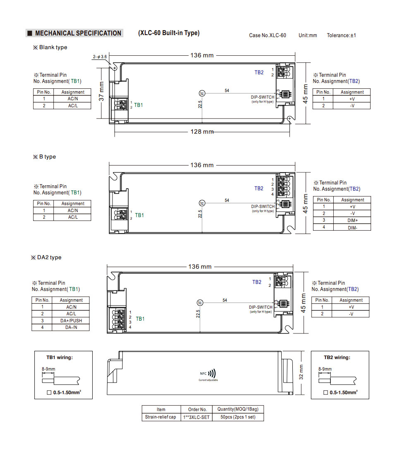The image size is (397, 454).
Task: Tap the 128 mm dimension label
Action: tap(202, 131)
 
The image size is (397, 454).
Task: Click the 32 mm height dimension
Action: tap(301, 372)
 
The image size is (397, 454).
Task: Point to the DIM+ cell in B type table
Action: tap(352, 220)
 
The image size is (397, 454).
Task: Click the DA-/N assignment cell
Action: tap(71, 327)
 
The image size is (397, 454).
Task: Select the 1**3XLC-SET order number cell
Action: tap(197, 417)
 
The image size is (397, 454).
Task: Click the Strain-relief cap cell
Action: tap(160, 417)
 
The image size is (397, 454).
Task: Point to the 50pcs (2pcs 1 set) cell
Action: tap(238, 417)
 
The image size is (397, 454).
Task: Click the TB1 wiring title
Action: tap(59, 357)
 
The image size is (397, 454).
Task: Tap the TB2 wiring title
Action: tap(337, 357)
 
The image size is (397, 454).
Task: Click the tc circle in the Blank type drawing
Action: tap(202, 93)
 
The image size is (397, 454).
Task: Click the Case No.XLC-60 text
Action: tap(267, 35)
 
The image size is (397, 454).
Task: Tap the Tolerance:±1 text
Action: tap(341, 35)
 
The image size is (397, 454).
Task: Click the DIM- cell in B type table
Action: tap(352, 227)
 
